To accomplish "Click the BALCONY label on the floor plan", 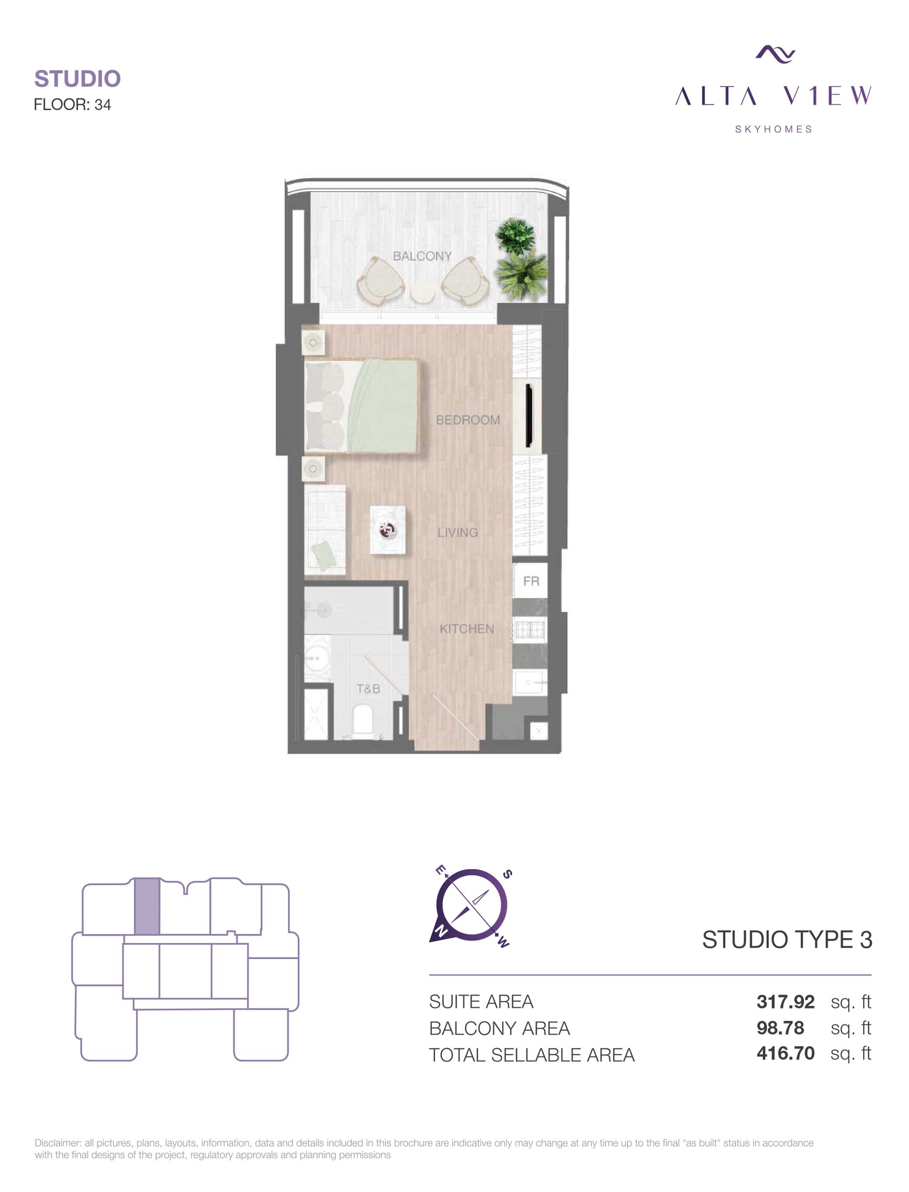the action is point(422,256).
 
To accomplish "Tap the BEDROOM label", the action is point(468,420).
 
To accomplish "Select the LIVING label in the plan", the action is point(458,533).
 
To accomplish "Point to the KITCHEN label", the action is point(466,629).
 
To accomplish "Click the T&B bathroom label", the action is point(368,689).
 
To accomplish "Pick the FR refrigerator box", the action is point(530,581).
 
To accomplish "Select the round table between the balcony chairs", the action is point(423,293).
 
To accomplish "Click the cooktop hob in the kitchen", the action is point(530,630).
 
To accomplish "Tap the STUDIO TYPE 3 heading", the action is point(787,940).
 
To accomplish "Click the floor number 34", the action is point(103,104).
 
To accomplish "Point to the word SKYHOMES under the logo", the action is point(774,129).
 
